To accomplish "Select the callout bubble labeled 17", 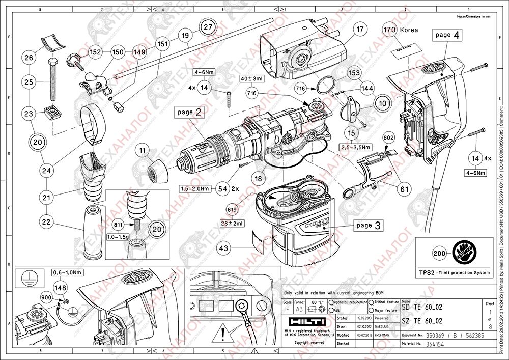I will (x=360, y=29).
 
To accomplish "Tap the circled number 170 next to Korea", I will (x=390, y=30).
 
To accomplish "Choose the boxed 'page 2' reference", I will (x=189, y=112).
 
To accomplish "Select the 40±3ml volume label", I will (x=252, y=79).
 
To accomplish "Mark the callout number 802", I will (x=389, y=137).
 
